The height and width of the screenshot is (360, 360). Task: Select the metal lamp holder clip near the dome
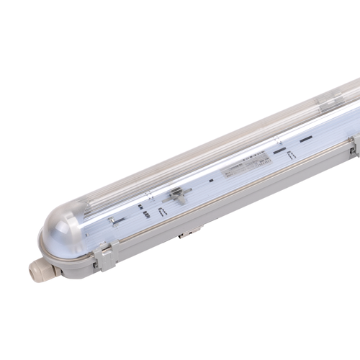pos(112,220)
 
